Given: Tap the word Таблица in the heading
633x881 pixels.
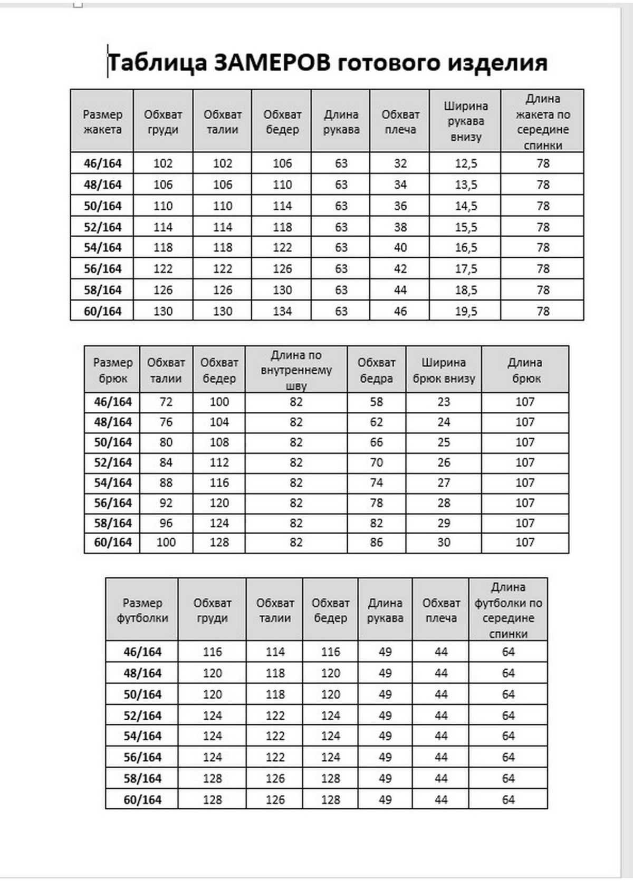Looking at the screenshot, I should [x=157, y=63].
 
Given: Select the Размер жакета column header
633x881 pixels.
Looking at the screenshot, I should [x=102, y=122].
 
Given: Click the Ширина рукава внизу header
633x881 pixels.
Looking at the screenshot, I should [x=465, y=122].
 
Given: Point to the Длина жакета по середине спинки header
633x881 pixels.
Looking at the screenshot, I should [x=542, y=122].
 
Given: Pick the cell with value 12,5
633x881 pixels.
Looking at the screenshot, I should [x=465, y=163].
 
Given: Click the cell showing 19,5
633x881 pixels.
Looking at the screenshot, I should [x=465, y=311].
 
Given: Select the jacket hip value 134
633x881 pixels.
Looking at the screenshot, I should [x=282, y=311].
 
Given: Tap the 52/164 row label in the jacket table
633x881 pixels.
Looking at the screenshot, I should [x=102, y=227].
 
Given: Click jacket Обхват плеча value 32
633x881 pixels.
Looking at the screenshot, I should [x=400, y=163].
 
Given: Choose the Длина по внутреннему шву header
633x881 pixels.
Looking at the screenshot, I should [x=296, y=370].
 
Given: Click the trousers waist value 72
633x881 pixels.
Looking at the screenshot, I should [x=166, y=402].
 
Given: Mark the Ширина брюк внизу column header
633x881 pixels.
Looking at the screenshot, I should [x=444, y=370].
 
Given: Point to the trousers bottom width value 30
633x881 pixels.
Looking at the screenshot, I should [x=444, y=542].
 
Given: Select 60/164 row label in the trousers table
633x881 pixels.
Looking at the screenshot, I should [x=113, y=542].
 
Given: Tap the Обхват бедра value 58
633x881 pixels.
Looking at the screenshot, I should [x=376, y=402].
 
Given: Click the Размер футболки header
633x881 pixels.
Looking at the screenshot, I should [x=142, y=610].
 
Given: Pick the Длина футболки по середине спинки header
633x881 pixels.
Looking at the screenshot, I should [x=508, y=610].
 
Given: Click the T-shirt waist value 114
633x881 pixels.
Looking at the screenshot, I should [x=275, y=652].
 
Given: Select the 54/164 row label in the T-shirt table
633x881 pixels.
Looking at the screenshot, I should [x=142, y=736].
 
